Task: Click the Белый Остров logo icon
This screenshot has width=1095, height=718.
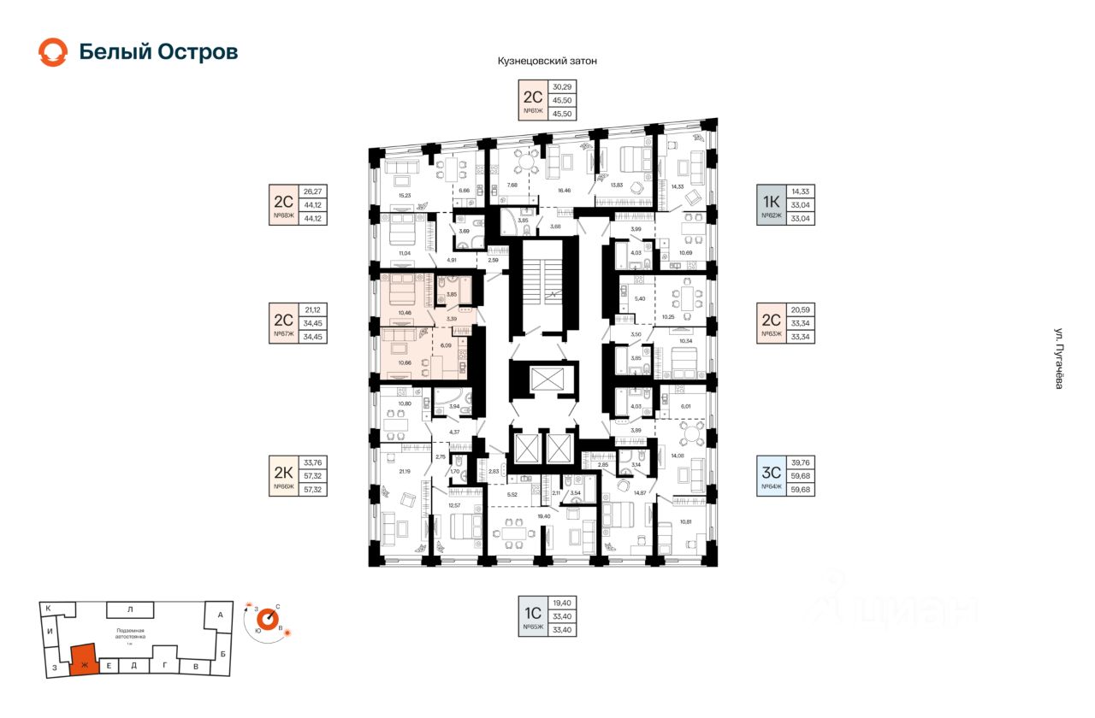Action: [x=52, y=52]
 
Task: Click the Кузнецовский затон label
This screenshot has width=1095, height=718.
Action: [x=547, y=62]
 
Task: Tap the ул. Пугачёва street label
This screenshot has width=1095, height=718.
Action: [x=1058, y=359]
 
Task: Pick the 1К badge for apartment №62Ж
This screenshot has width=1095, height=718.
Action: [x=772, y=204]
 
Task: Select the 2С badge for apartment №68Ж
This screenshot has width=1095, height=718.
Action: [x=284, y=204]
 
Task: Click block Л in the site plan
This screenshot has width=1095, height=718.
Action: [x=130, y=609]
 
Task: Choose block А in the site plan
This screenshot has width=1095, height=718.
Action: [x=220, y=615]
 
